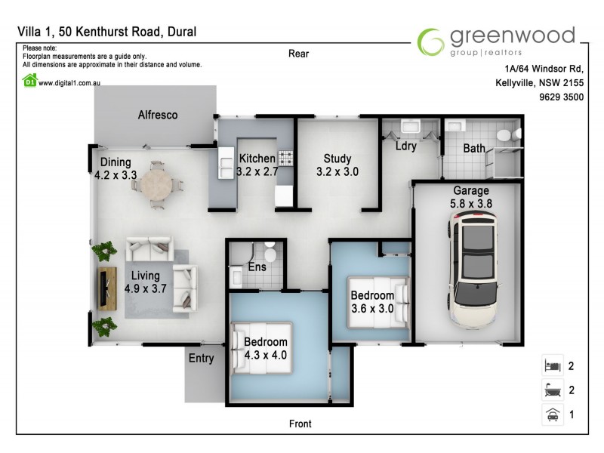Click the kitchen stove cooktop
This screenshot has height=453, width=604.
click(x=285, y=159)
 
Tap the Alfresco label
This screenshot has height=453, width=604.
click(x=158, y=116)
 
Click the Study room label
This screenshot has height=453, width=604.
click(x=337, y=159)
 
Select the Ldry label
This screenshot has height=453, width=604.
click(x=405, y=146)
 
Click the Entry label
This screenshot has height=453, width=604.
click(x=201, y=359)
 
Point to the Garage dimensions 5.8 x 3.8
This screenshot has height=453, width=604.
click(x=471, y=203)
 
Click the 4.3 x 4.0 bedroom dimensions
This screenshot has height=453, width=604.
click(x=265, y=354)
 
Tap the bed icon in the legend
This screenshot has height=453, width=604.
click(x=552, y=366)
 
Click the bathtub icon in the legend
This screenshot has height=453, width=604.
click(x=552, y=390)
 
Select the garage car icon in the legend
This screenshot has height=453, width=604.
click(x=552, y=414)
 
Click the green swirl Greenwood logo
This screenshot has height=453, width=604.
click(x=431, y=42)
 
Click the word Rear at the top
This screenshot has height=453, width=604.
click(x=299, y=54)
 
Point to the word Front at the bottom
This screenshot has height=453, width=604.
click(x=300, y=424)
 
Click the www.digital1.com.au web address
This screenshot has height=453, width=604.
click(x=69, y=83)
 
